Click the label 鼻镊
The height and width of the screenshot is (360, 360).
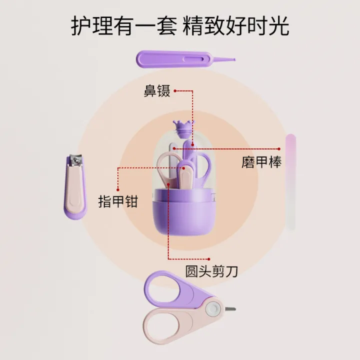157,91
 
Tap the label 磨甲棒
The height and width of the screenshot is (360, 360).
261,162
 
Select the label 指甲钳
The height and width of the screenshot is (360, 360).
118,201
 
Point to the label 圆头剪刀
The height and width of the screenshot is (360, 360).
211,271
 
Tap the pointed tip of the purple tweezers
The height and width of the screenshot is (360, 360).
234,59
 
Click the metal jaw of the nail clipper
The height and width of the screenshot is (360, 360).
76,160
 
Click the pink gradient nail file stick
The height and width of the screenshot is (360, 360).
290,182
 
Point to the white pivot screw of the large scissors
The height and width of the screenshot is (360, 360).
213,309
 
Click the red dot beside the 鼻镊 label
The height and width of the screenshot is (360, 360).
175,91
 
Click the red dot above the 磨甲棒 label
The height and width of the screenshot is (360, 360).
279,149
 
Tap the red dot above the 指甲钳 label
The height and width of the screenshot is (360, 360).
118,190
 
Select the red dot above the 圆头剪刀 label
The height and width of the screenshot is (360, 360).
208,259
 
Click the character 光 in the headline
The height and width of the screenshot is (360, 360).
278,25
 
